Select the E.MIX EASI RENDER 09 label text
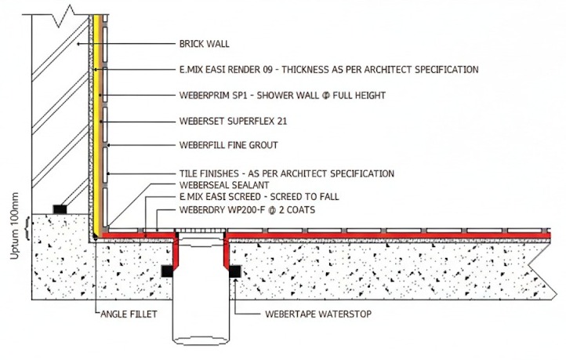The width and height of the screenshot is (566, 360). point(328,70)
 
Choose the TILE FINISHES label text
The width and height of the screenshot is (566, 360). point(286,173)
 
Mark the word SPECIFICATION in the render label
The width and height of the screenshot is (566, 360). point(443,70)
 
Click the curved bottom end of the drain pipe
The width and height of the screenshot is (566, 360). point(201,340)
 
